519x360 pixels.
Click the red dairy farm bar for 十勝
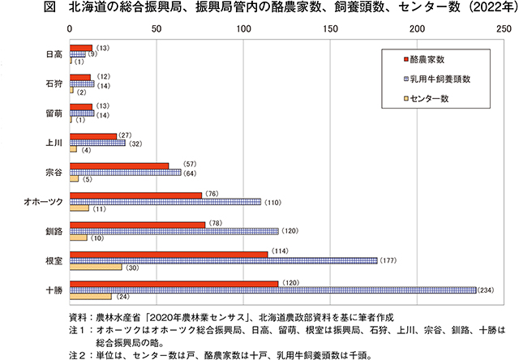point(174,283)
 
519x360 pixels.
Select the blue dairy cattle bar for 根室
point(224,260)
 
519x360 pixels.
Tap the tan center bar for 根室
point(96,268)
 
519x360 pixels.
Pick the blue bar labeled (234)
point(272,289)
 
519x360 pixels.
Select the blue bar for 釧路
point(174,231)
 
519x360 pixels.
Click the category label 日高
point(54,55)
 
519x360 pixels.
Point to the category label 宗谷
point(54,172)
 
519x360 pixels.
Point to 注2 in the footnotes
point(78,354)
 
